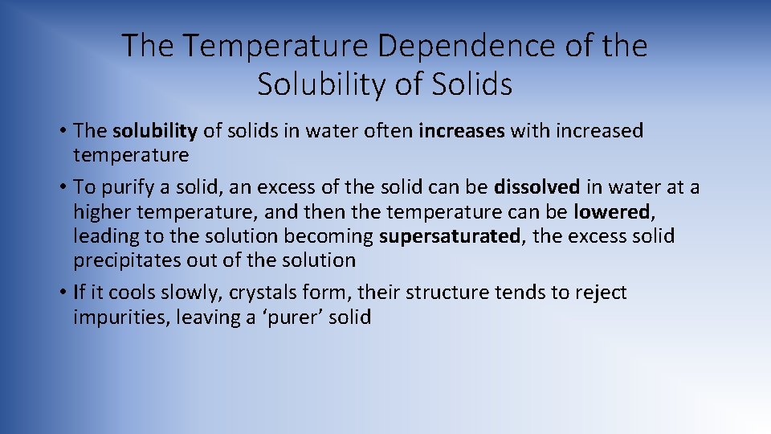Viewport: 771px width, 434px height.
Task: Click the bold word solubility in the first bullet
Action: (155, 130)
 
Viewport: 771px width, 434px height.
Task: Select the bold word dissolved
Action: (536, 187)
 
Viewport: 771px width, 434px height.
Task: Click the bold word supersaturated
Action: (450, 236)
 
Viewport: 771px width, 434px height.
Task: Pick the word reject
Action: (601, 293)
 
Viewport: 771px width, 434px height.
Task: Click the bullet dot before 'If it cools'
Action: (62, 293)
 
